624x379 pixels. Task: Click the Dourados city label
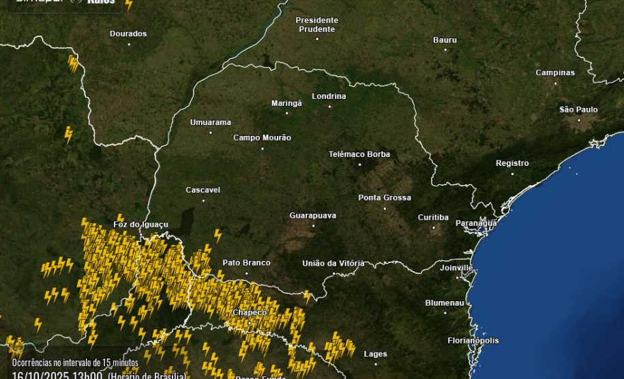pyautogui.click(x=128, y=33)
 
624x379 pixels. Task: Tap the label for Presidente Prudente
pyautogui.click(x=316, y=25)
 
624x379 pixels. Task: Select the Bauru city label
pyautogui.click(x=445, y=40)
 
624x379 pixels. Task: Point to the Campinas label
pyautogui.click(x=555, y=72)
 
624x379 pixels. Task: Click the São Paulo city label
pyautogui.click(x=578, y=109)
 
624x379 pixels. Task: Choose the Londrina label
pyautogui.click(x=329, y=96)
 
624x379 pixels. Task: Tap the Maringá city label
pyautogui.click(x=286, y=103)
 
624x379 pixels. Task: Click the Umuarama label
pyautogui.click(x=210, y=122)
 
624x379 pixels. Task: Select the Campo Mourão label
pyautogui.click(x=262, y=137)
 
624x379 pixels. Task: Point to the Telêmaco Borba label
pyautogui.click(x=359, y=154)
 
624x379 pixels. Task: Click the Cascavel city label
pyautogui.click(x=203, y=190)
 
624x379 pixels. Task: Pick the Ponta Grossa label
pyautogui.click(x=385, y=197)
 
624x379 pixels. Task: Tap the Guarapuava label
pyautogui.click(x=312, y=215)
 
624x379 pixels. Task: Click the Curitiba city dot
pyautogui.click(x=433, y=227)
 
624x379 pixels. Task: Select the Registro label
pyautogui.click(x=512, y=163)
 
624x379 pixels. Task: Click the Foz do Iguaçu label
pyautogui.click(x=140, y=224)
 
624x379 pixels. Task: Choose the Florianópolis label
pyautogui.click(x=473, y=340)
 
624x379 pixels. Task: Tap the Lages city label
pyautogui.click(x=375, y=354)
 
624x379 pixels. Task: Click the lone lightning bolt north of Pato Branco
pyautogui.click(x=218, y=236)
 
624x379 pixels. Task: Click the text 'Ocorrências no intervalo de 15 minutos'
pyautogui.click(x=75, y=363)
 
